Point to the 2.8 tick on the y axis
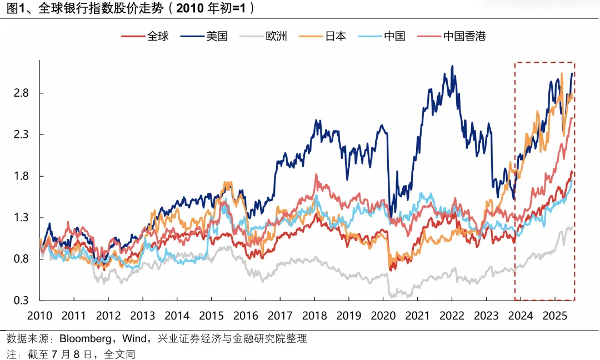21,93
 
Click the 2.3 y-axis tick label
21,134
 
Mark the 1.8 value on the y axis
21,176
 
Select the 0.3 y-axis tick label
21,301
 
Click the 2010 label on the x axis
40,316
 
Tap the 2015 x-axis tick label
211,316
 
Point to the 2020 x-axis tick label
383,316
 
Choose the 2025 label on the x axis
554,316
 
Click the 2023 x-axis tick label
486,316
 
